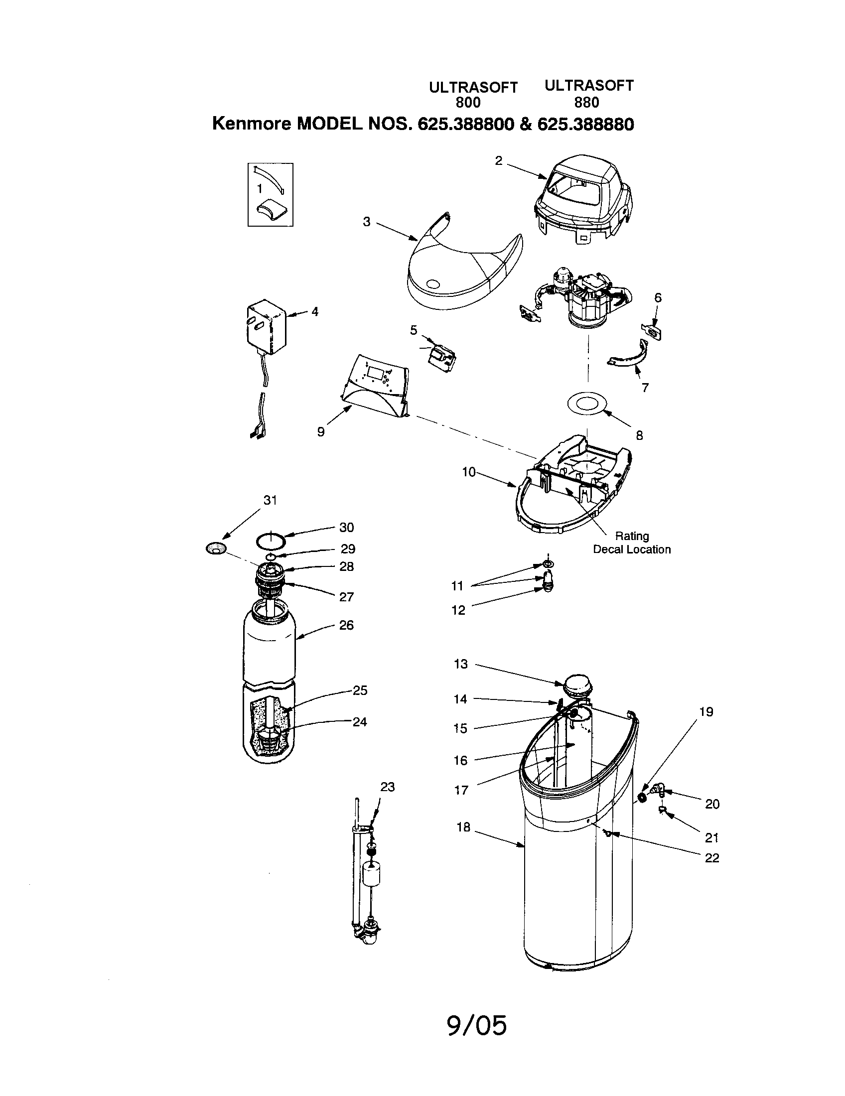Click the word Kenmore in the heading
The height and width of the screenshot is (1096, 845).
point(252,124)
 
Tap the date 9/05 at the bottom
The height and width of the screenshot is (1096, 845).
point(476,1025)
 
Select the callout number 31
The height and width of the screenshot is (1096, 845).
point(270,500)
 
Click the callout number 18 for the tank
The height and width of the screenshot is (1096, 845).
point(463,826)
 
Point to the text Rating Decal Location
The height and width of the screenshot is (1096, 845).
point(631,543)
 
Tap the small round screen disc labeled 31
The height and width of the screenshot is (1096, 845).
point(216,548)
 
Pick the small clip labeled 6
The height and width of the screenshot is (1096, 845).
point(652,332)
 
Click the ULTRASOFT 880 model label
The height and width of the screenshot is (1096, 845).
point(588,94)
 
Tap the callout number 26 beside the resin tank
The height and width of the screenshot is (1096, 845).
point(346,625)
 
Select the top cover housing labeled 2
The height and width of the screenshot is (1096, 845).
point(582,201)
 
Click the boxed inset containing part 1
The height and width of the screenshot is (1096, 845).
point(271,195)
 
